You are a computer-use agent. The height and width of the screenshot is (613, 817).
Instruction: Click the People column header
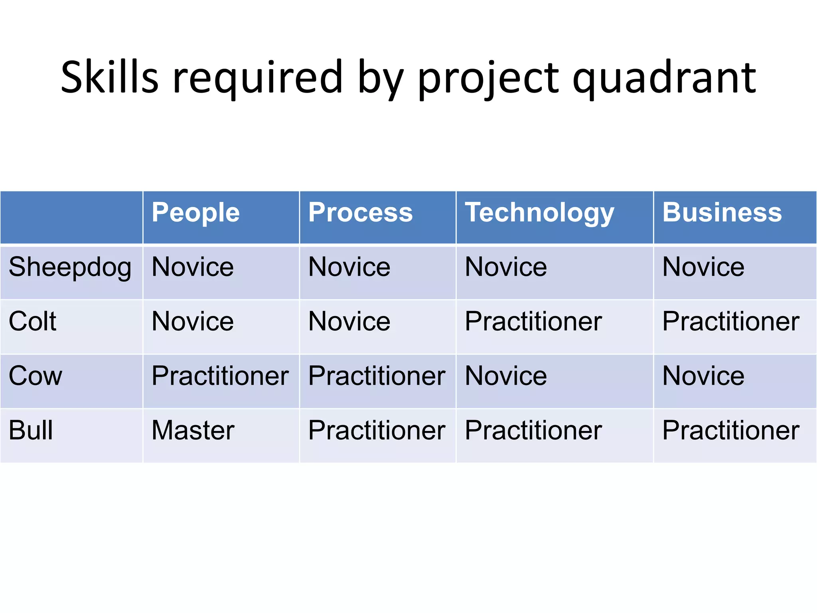click(x=195, y=213)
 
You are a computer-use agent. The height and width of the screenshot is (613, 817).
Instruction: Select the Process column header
click(x=360, y=213)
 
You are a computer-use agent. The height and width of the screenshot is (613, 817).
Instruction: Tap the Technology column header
click(x=539, y=213)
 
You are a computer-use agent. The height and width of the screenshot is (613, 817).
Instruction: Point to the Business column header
click(x=722, y=213)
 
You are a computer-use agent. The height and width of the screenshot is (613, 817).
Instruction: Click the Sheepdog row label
click(x=70, y=267)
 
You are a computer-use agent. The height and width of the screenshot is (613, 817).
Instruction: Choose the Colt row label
click(x=33, y=322)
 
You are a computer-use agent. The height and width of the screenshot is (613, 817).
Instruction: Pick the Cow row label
click(x=36, y=376)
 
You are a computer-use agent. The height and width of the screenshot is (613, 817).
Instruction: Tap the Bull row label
click(x=31, y=431)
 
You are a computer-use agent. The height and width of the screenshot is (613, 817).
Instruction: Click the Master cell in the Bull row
click(x=193, y=431)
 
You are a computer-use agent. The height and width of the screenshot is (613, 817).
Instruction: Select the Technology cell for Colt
click(x=533, y=322)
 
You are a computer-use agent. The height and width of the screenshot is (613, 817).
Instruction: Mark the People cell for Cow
click(x=220, y=376)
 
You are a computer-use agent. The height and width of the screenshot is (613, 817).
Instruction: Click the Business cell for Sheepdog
click(x=703, y=267)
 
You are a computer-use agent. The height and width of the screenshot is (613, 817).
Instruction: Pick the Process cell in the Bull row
click(x=377, y=431)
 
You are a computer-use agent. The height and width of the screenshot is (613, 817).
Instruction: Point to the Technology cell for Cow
click(x=506, y=376)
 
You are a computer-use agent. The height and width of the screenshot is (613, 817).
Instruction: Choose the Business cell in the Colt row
click(x=731, y=322)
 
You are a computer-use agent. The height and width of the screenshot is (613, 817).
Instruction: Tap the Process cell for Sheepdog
click(x=349, y=267)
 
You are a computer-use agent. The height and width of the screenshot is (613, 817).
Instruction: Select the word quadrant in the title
click(x=664, y=78)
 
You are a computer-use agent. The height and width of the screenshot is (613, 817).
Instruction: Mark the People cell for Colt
click(x=193, y=322)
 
